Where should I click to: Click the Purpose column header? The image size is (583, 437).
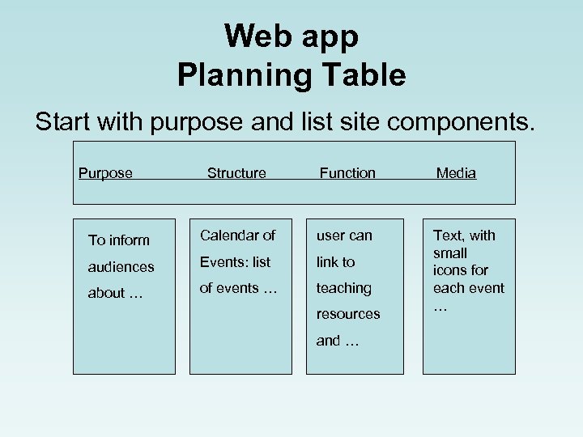105,173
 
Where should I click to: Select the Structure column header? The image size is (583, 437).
236,173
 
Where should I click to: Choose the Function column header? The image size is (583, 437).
347,173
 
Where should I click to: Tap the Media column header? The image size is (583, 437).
456,173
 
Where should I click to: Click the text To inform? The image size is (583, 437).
119,240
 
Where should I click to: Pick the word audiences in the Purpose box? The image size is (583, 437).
121,266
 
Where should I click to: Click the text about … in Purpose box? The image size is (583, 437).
116,293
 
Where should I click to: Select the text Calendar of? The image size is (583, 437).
238,235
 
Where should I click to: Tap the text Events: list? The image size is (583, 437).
236,262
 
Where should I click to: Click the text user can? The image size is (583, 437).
344,235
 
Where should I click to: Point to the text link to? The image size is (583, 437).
335,262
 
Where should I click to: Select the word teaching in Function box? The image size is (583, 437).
343,288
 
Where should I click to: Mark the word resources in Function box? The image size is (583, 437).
347,314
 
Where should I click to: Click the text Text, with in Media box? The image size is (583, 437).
464,235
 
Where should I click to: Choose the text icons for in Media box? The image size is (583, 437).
461,270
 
